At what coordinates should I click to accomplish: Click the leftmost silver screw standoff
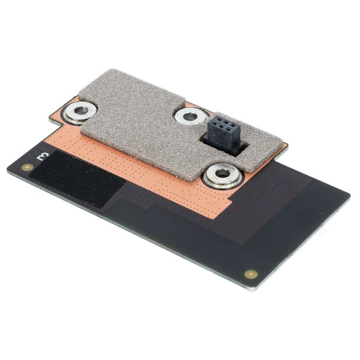click(x=79, y=110)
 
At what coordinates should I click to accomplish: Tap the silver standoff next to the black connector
click(x=189, y=116)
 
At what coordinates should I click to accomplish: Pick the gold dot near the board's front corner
click(x=251, y=274)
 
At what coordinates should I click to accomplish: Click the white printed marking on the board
click(x=42, y=156)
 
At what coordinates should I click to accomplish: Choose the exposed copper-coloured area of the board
click(x=176, y=188)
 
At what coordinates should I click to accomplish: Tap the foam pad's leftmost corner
click(x=79, y=93)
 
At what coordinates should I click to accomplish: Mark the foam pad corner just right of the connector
click(x=286, y=143)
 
